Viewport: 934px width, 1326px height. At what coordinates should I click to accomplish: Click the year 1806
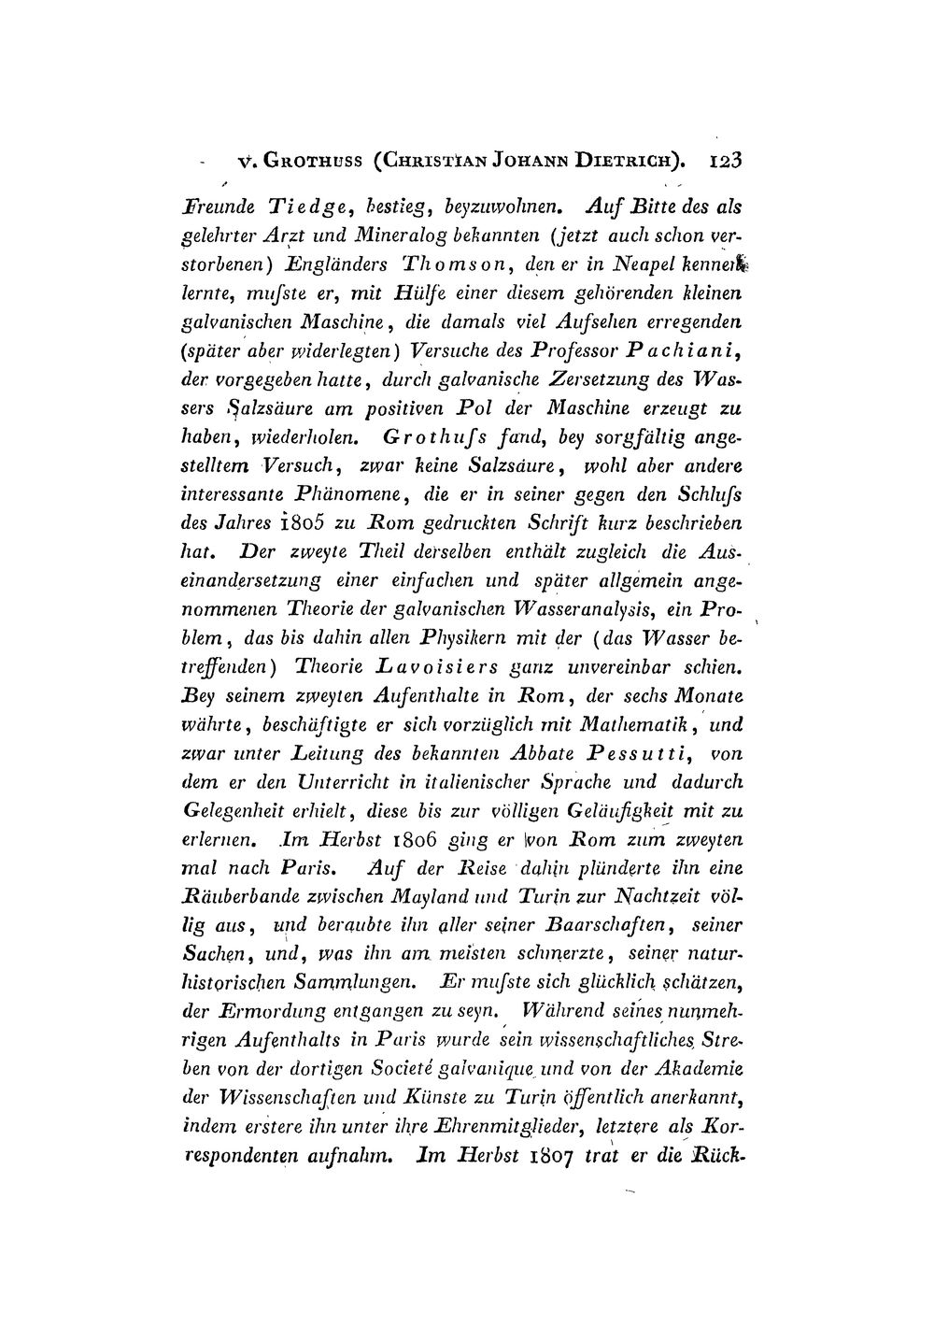pos(407,840)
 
